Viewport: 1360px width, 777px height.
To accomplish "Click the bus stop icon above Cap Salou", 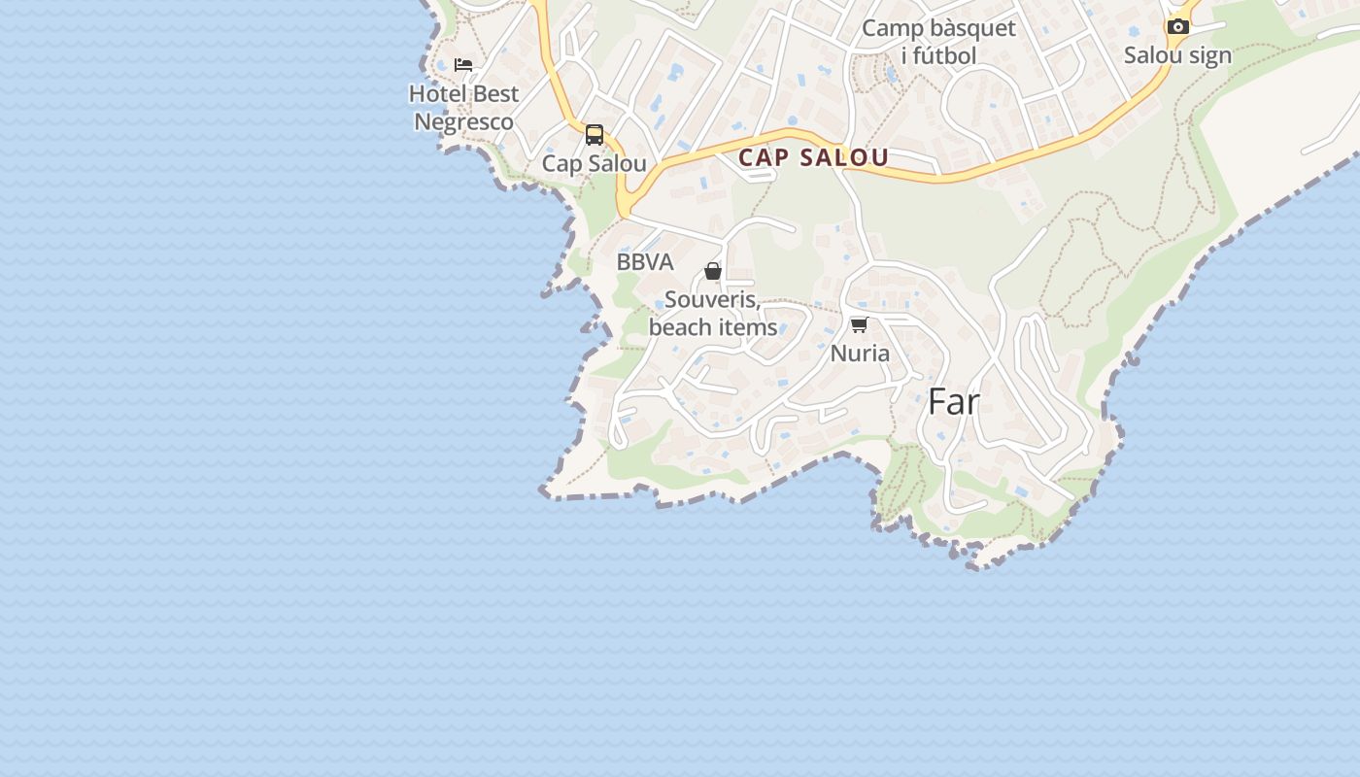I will tap(595, 135).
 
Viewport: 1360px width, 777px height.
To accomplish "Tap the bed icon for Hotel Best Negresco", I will tap(463, 65).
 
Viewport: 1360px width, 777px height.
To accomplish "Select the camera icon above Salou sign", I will tap(1177, 26).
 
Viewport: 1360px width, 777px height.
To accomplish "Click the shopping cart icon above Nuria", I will tap(859, 324).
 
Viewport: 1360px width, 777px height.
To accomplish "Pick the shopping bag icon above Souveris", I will tap(713, 271).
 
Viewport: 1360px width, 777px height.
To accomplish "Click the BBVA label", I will tap(645, 262).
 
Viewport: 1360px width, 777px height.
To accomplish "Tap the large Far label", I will tap(954, 401).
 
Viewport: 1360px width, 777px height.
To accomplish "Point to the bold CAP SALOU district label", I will tap(814, 157).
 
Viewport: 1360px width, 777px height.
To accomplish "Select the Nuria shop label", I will tap(860, 353).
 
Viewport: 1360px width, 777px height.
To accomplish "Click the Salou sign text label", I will tap(1177, 55).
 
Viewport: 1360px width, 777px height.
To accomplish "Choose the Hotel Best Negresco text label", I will tap(463, 108).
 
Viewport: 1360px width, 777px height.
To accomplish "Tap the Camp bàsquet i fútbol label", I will tap(938, 42).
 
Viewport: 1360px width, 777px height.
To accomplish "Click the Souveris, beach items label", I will tap(713, 313).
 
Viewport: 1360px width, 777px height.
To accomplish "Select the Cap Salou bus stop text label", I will tap(594, 163).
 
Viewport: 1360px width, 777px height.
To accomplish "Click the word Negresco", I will tap(463, 122).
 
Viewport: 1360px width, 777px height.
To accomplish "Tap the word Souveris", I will tap(712, 299).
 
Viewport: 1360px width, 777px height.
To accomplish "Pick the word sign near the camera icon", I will tap(1209, 55).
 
